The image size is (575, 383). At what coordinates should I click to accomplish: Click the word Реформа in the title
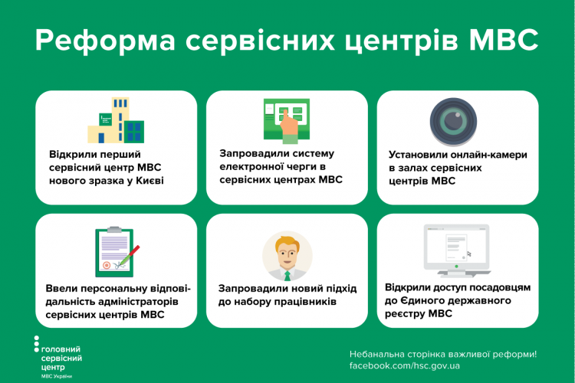pyautogui.click(x=105, y=41)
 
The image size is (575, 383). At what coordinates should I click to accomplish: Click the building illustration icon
pyautogui.click(x=116, y=119)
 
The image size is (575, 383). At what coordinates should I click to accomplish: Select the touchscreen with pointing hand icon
pyautogui.click(x=287, y=120)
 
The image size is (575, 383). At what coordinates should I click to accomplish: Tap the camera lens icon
pyautogui.click(x=453, y=122)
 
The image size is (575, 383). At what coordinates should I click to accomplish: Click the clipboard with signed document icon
pyautogui.click(x=117, y=252)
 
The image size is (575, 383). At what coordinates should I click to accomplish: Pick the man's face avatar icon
pyautogui.click(x=287, y=256)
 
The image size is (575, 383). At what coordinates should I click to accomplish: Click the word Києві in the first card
pyautogui.click(x=149, y=181)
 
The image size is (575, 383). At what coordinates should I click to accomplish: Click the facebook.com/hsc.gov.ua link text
pyautogui.click(x=405, y=366)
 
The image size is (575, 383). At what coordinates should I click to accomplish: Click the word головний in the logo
pyautogui.click(x=61, y=349)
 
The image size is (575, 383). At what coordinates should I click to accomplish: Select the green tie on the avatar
pyautogui.click(x=287, y=276)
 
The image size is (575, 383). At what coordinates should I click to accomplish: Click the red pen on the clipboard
pyautogui.click(x=130, y=254)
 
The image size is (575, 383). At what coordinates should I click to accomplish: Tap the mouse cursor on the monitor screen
pyautogui.click(x=469, y=254)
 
